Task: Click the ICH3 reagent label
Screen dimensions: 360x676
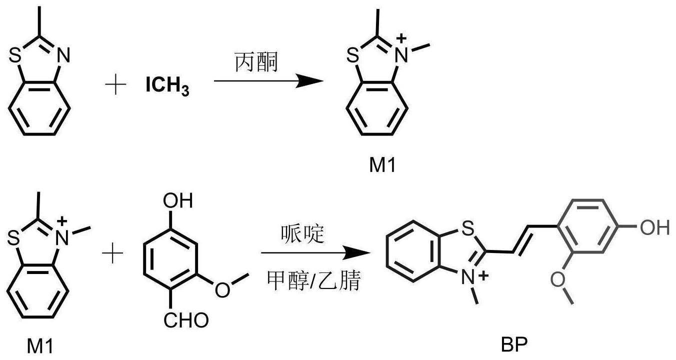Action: (167, 86)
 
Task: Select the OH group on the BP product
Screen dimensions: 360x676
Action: (653, 228)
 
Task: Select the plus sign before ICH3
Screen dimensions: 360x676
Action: (116, 85)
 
